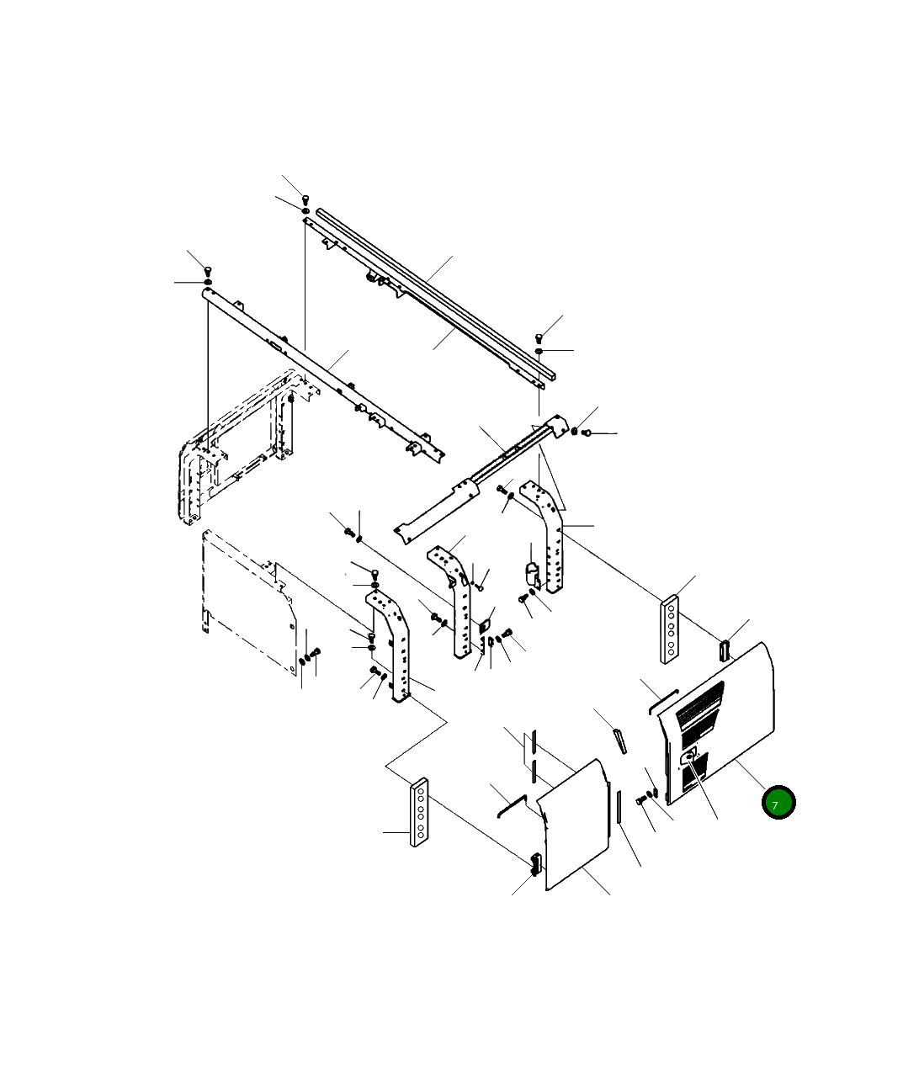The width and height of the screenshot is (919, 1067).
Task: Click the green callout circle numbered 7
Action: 778,802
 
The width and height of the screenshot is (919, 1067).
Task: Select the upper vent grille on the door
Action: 699,701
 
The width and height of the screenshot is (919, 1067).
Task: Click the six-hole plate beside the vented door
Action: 670,629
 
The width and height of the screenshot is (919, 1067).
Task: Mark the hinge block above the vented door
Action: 725,650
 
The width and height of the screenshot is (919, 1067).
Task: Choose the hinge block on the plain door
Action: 535,864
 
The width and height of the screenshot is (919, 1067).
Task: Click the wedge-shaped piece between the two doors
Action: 619,741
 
